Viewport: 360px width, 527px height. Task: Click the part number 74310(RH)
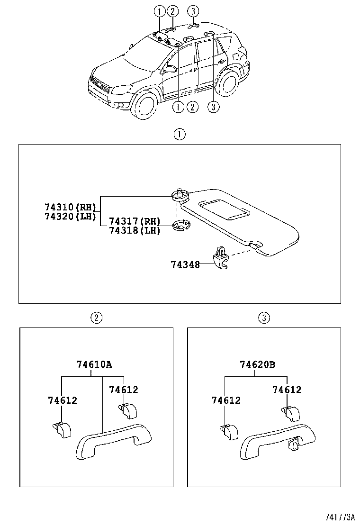coord(70,208)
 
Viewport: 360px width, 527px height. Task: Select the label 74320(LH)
coord(70,217)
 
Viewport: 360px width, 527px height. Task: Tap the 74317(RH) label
coord(135,221)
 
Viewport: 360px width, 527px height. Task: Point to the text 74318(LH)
coord(135,230)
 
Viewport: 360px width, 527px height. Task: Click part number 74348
coord(185,264)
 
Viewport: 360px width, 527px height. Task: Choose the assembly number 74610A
coord(94,364)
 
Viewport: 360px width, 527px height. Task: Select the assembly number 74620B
coord(257,364)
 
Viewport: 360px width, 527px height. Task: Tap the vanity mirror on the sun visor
coord(225,209)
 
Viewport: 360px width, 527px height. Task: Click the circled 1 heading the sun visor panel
coord(179,135)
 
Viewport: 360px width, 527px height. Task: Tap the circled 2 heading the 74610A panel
coord(96,318)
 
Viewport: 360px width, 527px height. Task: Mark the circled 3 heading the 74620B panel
coord(264,318)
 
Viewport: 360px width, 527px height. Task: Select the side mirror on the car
coord(170,69)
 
